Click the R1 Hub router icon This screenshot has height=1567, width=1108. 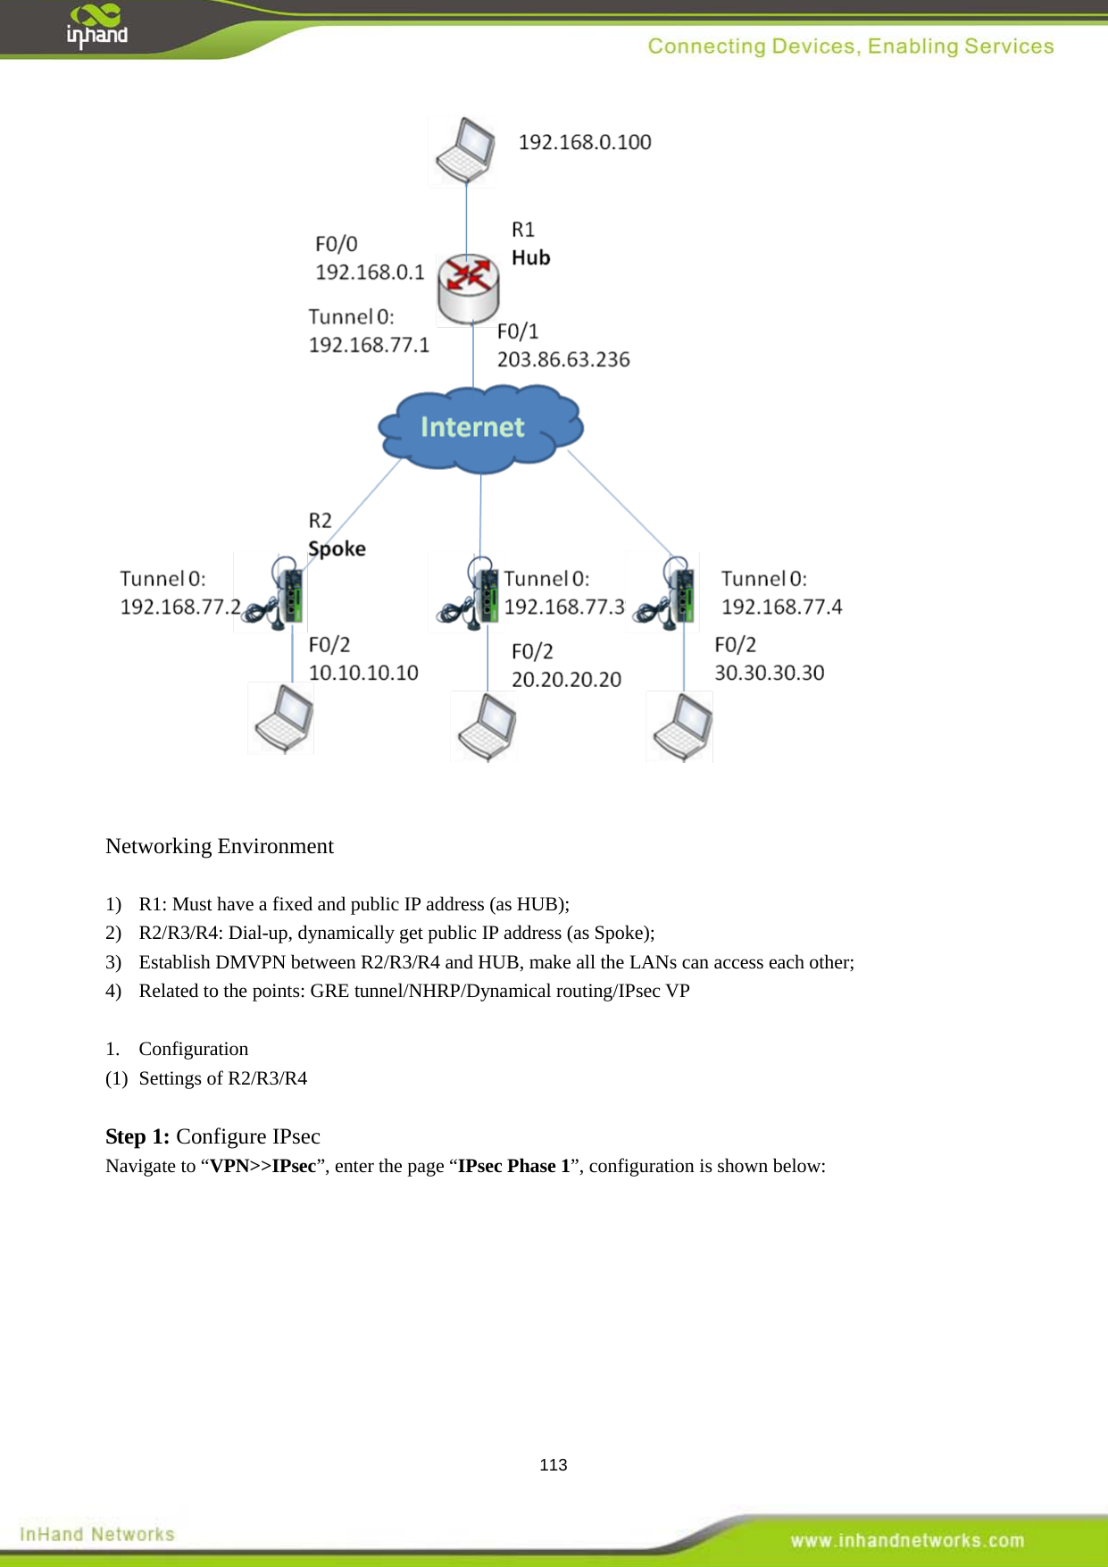coord(468,288)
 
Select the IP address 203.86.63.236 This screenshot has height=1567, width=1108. coord(563,359)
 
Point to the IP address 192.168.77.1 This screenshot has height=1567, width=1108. coord(369,345)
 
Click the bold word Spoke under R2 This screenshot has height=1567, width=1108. coord(337,549)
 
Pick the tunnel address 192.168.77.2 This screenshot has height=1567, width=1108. coord(180,607)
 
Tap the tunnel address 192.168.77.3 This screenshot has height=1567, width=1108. coord(564,607)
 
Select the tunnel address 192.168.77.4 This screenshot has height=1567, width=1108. coord(781,607)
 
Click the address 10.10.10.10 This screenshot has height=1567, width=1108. coord(363,673)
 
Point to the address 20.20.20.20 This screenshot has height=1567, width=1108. coord(566,679)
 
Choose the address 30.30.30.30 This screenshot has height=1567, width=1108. coord(769,673)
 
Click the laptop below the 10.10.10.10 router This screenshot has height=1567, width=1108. coord(282,718)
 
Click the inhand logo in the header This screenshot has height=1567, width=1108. coord(96,27)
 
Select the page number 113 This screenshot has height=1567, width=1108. coord(554,1464)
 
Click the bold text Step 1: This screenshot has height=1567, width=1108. coord(137,1136)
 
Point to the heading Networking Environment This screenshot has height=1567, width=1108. coord(220,846)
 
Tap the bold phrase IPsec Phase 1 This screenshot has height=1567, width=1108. coord(513,1166)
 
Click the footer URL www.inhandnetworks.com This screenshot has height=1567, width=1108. coord(907,1540)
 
